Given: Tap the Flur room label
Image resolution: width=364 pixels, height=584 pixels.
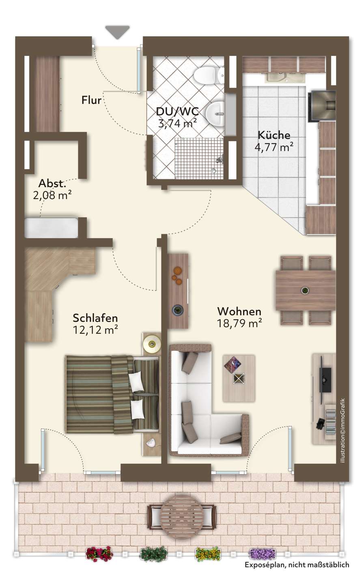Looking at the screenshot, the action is pyautogui.click(x=91, y=100).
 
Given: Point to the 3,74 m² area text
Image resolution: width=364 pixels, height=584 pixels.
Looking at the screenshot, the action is pyautogui.click(x=177, y=123).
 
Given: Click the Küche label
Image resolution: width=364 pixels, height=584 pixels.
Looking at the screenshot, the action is pyautogui.click(x=274, y=135).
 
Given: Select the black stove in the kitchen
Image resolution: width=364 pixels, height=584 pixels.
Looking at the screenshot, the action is pyautogui.click(x=322, y=106).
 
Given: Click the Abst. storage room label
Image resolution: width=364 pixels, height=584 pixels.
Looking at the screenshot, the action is pyautogui.click(x=52, y=184).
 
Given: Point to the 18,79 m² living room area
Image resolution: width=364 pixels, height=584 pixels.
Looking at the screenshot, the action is pyautogui.click(x=239, y=323).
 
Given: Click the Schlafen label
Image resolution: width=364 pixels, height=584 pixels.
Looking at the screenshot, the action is pyautogui.click(x=95, y=318).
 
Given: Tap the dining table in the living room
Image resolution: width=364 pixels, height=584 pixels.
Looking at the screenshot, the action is pyautogui.click(x=306, y=290).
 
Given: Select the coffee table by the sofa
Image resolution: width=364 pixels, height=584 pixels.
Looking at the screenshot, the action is pyautogui.click(x=239, y=378).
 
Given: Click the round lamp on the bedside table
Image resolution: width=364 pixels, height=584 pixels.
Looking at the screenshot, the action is pyautogui.click(x=152, y=344).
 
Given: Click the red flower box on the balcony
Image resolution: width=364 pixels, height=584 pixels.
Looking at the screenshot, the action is pyautogui.click(x=99, y=554).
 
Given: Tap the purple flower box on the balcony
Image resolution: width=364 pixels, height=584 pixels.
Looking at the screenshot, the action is pyautogui.click(x=263, y=554).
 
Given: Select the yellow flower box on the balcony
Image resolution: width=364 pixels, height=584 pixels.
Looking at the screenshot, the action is pyautogui.click(x=208, y=554).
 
